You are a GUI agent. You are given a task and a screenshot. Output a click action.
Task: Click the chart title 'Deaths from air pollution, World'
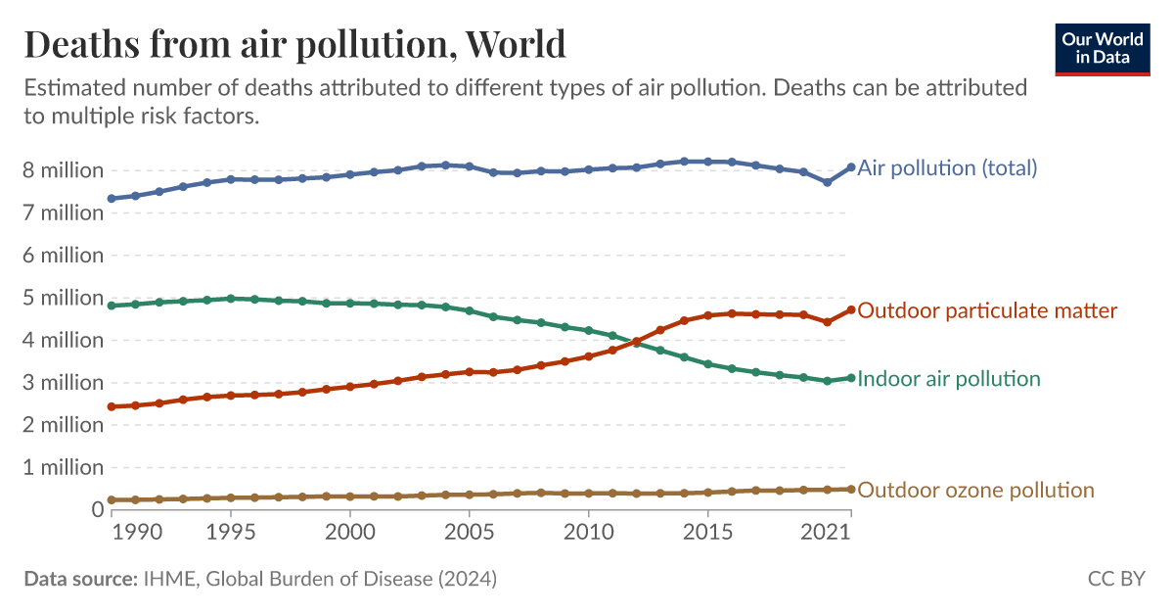pos(294,45)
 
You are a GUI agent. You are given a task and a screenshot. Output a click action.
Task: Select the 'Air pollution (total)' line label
pos(947,167)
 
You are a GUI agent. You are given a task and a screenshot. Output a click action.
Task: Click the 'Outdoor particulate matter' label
pos(987,310)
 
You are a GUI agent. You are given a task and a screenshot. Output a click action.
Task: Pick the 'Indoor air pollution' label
pos(948,378)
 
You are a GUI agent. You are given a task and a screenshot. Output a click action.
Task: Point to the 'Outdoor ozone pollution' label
pos(975,490)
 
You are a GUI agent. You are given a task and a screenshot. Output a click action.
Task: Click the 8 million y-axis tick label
pos(64,169)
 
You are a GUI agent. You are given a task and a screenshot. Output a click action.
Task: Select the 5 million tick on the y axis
pos(64,297)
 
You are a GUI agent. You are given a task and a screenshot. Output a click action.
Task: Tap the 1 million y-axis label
pos(64,467)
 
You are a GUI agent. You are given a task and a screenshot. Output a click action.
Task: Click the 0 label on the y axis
pos(97,509)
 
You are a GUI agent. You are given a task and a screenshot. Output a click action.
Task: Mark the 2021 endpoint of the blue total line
pos(851,167)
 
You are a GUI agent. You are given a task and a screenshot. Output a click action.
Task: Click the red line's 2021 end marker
pos(851,309)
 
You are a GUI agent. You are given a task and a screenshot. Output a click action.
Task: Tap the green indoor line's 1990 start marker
pos(112,306)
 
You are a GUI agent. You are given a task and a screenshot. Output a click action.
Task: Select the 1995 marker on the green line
pos(231,298)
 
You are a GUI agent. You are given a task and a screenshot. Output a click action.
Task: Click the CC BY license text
pos(1115,579)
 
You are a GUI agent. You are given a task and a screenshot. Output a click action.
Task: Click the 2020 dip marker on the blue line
pos(828,182)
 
